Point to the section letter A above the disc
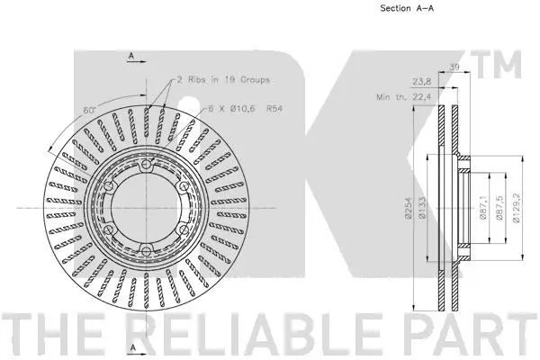click(131, 56)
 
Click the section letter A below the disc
click(131, 346)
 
